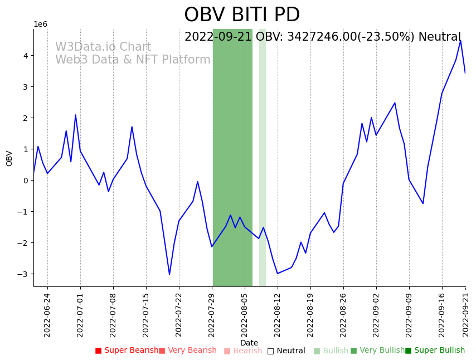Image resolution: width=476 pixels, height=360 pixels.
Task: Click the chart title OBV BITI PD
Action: pyautogui.click(x=242, y=15)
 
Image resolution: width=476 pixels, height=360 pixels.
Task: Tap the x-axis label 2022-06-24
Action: pyautogui.click(x=47, y=314)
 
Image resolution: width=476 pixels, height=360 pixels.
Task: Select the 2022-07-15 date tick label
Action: pyautogui.click(x=146, y=314)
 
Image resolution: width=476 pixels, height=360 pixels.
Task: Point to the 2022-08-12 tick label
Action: pyautogui.click(x=278, y=314)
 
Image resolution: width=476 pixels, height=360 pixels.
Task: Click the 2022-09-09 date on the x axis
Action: pyautogui.click(x=409, y=314)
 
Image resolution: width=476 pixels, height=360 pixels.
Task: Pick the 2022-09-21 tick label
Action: pyautogui.click(x=465, y=314)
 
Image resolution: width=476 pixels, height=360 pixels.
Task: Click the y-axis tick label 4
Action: pyautogui.click(x=26, y=56)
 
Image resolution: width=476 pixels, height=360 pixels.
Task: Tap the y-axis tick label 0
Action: pyautogui.click(x=26, y=181)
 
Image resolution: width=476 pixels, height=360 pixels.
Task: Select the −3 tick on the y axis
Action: pyautogui.click(x=23, y=274)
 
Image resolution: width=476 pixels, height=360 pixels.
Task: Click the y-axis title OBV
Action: pyautogui.click(x=9, y=158)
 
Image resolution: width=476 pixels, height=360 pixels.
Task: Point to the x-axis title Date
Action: pyautogui.click(x=249, y=343)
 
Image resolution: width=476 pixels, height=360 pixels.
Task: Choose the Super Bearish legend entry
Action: pyautogui.click(x=127, y=351)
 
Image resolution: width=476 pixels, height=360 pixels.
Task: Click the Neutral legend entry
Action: pyautogui.click(x=286, y=351)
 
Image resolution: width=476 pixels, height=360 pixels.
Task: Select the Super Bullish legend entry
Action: pyautogui.click(x=435, y=351)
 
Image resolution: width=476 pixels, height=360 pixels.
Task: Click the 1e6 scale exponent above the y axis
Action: pyautogui.click(x=40, y=24)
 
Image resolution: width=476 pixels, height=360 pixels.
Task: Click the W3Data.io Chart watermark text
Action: pyautogui.click(x=103, y=47)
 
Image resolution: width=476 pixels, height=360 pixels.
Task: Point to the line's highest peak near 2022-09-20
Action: pyautogui.click(x=460, y=41)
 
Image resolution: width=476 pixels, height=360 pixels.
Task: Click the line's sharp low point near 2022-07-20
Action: pyautogui.click(x=169, y=274)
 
